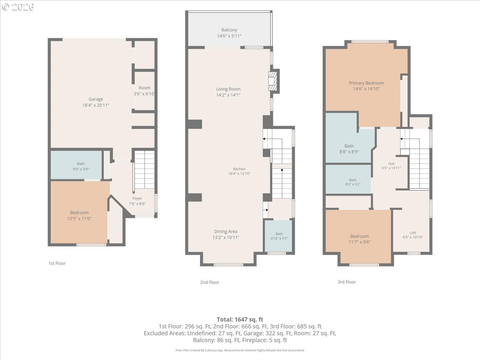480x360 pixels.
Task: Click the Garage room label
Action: pos(96,99)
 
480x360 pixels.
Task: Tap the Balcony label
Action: pos(229,30)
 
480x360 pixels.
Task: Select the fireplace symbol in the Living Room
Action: pos(273,81)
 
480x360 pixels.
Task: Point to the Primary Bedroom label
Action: pos(366,83)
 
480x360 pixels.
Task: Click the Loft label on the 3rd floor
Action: pos(413,233)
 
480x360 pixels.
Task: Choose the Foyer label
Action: pos(137,198)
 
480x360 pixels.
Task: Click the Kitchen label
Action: pos(239,169)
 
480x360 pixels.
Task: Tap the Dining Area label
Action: pos(226,232)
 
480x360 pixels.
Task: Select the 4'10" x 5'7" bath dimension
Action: pos(279,238)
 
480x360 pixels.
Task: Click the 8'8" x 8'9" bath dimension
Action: pos(349,152)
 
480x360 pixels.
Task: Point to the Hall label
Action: pos(391,164)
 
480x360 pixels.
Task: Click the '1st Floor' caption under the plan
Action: pos(57,263)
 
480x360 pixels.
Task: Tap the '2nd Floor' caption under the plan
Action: pos(210,282)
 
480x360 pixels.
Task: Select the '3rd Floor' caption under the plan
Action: pos(347,282)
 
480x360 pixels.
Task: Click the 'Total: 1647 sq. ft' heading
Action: pos(240,320)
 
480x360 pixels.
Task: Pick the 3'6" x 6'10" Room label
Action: pos(144,94)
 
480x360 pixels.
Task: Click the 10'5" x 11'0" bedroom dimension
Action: pos(79,218)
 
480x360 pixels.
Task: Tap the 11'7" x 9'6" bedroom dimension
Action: pos(360,242)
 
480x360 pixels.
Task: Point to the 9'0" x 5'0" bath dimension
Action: pos(81,169)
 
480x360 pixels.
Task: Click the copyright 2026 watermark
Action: pos(18,7)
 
